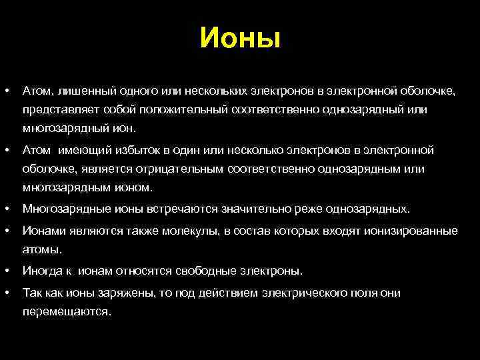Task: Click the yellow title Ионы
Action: click(x=240, y=38)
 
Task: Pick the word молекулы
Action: click(x=184, y=231)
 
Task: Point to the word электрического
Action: click(x=305, y=293)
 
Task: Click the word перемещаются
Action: click(x=67, y=311)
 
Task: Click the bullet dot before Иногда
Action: click(x=6, y=271)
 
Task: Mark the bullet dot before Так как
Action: click(x=6, y=293)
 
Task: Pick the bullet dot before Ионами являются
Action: click(x=6, y=231)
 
